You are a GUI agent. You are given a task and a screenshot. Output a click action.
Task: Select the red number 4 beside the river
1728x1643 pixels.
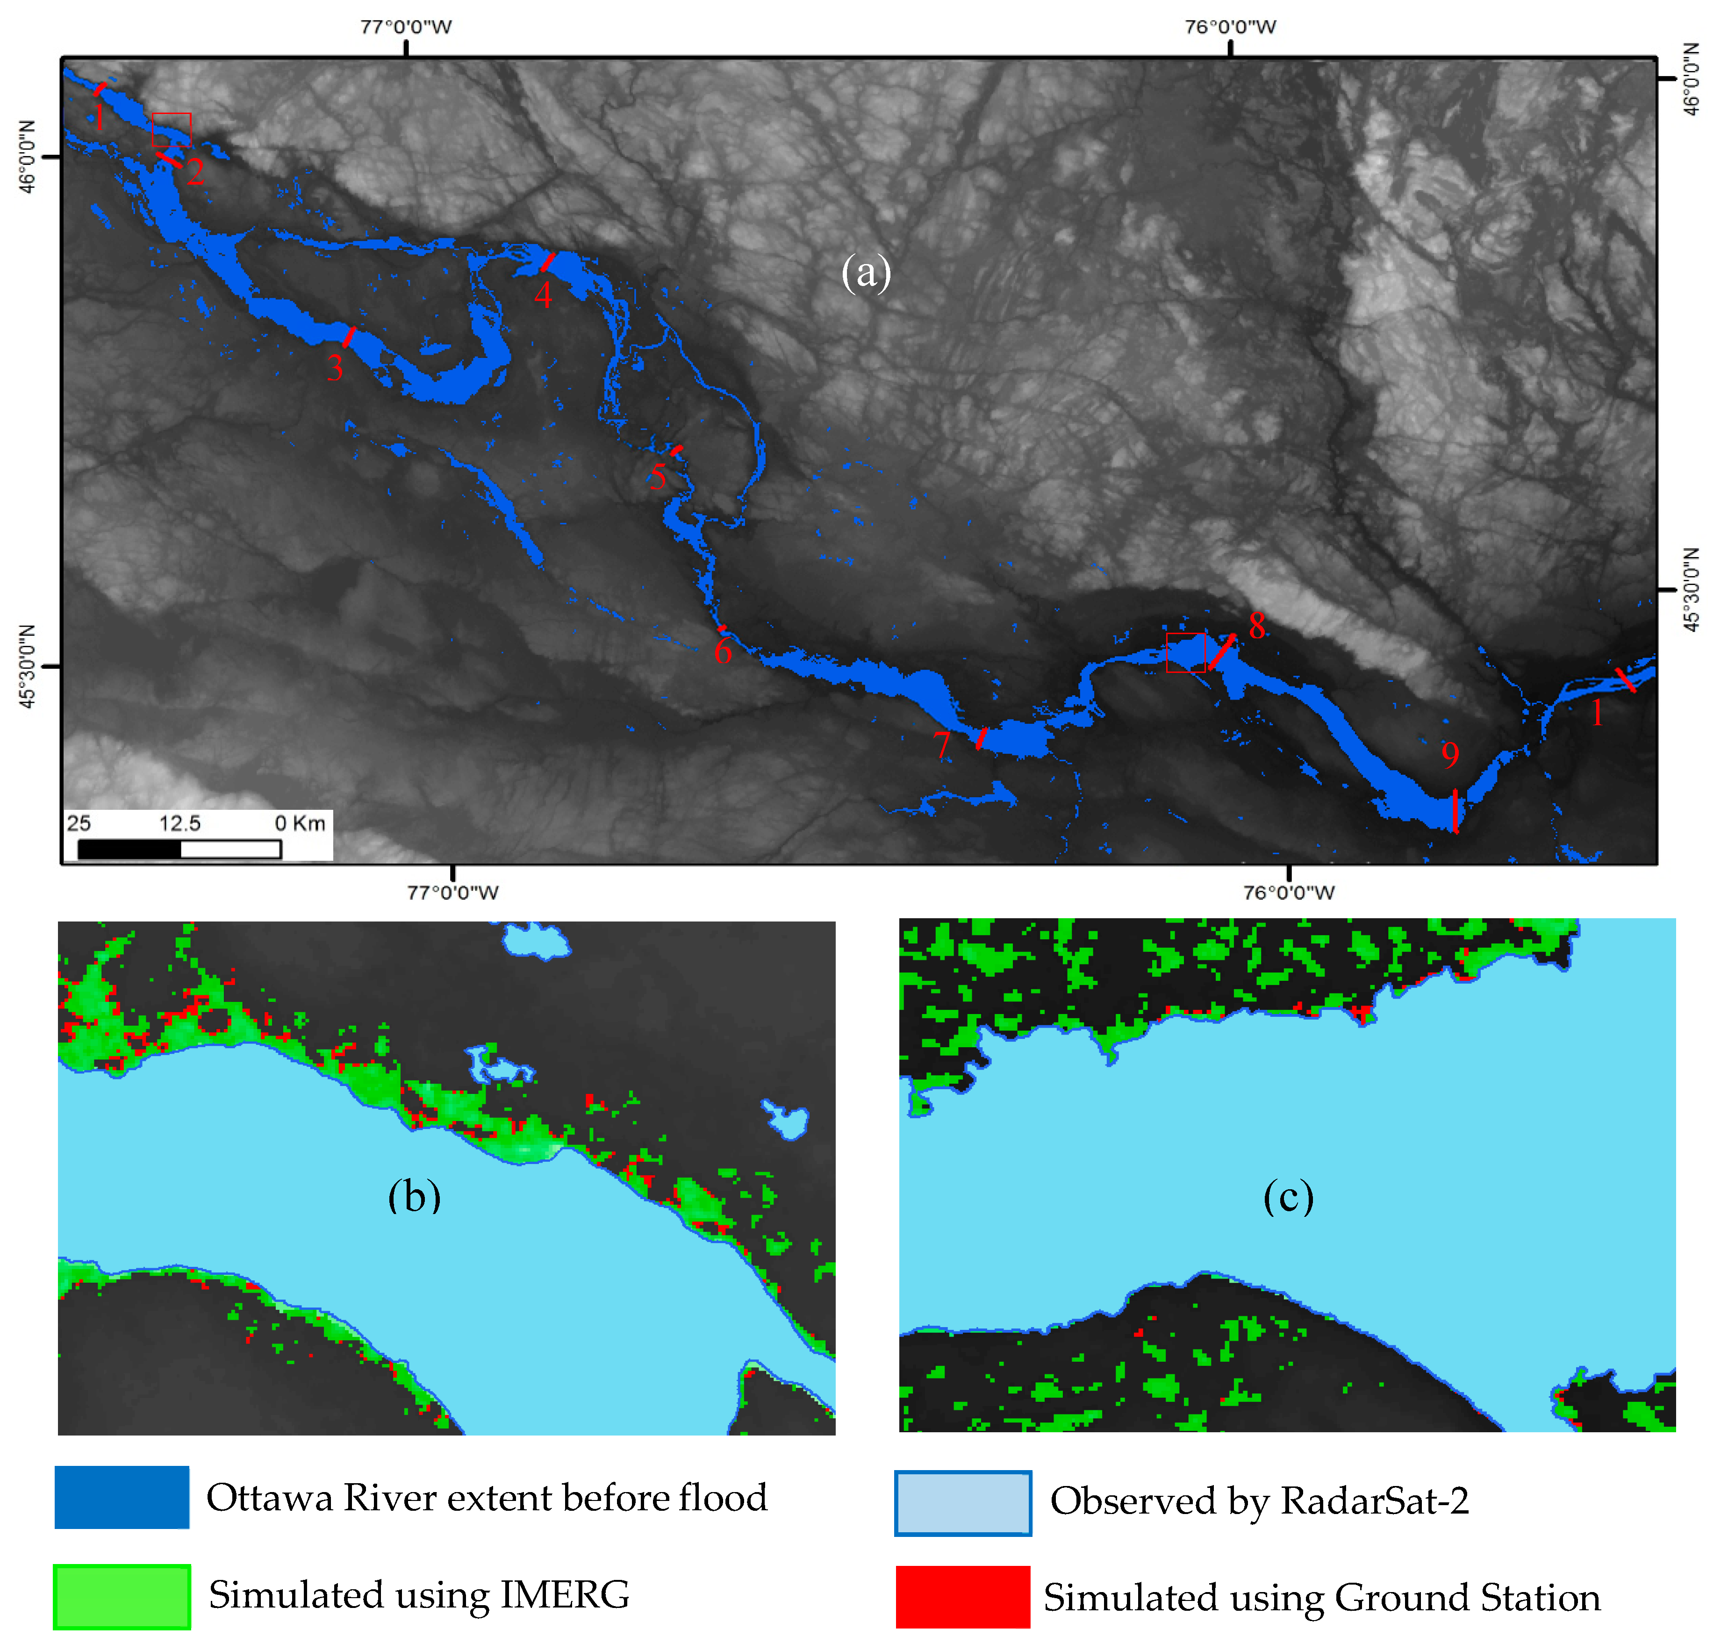click(x=543, y=296)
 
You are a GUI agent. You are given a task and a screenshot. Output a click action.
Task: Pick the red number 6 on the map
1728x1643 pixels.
click(x=723, y=651)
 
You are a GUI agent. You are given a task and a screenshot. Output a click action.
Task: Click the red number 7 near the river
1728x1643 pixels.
click(x=941, y=745)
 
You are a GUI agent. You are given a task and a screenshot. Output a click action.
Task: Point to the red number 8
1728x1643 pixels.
click(x=1257, y=625)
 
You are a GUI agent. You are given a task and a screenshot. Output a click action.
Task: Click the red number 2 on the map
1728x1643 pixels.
click(x=195, y=171)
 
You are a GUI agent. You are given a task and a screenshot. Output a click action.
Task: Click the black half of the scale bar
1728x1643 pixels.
click(x=129, y=849)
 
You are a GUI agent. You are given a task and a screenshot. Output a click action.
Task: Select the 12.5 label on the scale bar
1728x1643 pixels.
click(x=179, y=823)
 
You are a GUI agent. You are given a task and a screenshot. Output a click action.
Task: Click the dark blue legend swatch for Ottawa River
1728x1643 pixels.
click(x=122, y=1498)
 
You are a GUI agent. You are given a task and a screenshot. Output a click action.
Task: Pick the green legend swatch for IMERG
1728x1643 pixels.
click(x=122, y=1597)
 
